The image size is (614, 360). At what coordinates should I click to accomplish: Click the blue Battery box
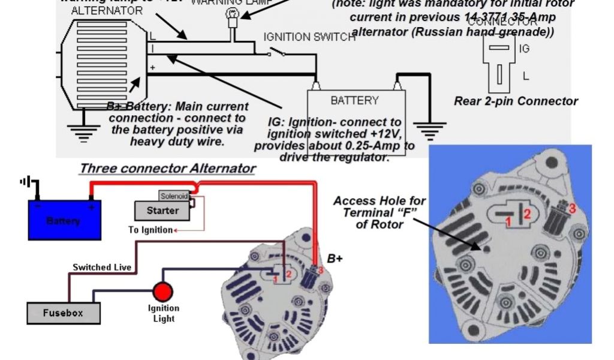pos(64,220)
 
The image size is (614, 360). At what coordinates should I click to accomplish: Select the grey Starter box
pos(162,211)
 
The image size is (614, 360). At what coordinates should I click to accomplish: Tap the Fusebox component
pos(63,313)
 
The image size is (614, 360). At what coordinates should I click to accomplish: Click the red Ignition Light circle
pos(162,292)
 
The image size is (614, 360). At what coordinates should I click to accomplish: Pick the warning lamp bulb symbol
pos(232,14)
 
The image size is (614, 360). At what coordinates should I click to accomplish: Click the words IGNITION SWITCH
pos(309,37)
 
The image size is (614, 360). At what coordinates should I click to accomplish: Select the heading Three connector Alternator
pos(167,169)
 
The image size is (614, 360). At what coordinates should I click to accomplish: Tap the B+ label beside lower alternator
pos(335,259)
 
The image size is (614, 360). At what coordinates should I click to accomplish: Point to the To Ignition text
pos(151,230)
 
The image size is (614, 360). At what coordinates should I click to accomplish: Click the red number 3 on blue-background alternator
pos(573,208)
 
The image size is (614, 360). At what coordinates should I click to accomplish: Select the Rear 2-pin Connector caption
pos(516,101)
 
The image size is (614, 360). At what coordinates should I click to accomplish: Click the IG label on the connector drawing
pos(525,49)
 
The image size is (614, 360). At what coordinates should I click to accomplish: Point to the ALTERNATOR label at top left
pos(106,11)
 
